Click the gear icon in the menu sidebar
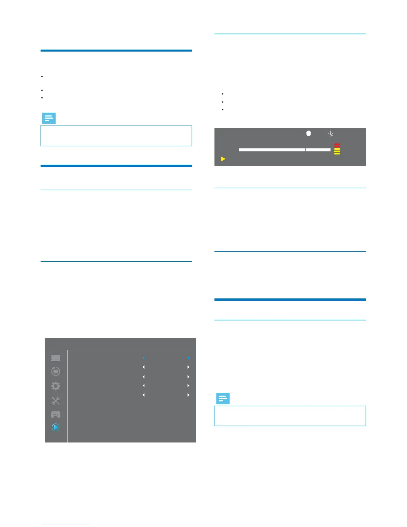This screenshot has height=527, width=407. click(56, 386)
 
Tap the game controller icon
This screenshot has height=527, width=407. click(56, 415)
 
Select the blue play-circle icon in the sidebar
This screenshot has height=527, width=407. click(56, 427)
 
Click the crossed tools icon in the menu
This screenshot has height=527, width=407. click(56, 401)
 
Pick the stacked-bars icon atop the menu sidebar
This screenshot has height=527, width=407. click(56, 358)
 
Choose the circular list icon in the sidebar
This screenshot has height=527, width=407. click(56, 371)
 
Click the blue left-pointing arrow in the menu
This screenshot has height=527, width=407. click(144, 358)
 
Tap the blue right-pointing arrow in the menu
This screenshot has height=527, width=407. click(188, 358)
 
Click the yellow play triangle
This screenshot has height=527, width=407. click(223, 159)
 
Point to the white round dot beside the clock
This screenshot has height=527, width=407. click(309, 133)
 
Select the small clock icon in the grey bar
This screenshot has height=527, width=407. click(331, 133)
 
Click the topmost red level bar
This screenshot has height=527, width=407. click(337, 144)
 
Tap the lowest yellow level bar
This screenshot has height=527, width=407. click(337, 154)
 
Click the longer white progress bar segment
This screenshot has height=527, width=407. click(272, 150)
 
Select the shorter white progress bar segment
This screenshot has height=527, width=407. click(318, 150)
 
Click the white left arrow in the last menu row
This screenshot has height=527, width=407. click(144, 395)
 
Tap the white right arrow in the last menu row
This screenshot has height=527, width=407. click(188, 395)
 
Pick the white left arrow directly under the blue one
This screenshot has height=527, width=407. click(144, 367)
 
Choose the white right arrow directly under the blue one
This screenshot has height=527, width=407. click(188, 367)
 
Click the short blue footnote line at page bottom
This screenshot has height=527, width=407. click(66, 524)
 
